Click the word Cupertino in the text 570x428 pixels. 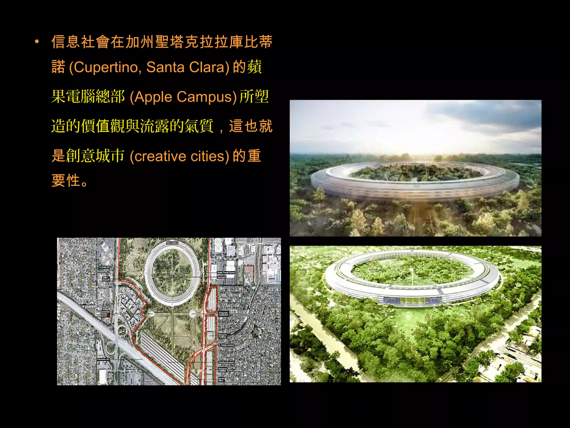pos(107,67)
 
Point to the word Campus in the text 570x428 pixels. pos(205,97)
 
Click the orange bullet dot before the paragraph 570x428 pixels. pos(37,42)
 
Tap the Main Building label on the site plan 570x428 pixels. pos(172,243)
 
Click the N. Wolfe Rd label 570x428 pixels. pos(104,267)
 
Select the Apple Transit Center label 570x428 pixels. pos(226,272)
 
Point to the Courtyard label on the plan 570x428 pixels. pos(222,277)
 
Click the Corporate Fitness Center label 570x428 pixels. pos(105,313)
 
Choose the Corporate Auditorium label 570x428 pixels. pos(223,314)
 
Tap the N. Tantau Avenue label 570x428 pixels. pos(226,345)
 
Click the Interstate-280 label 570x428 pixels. pos(104,359)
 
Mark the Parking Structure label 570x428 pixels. pos(226,362)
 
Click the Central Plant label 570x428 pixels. pos(222,380)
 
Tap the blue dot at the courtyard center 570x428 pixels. pos(173,273)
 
